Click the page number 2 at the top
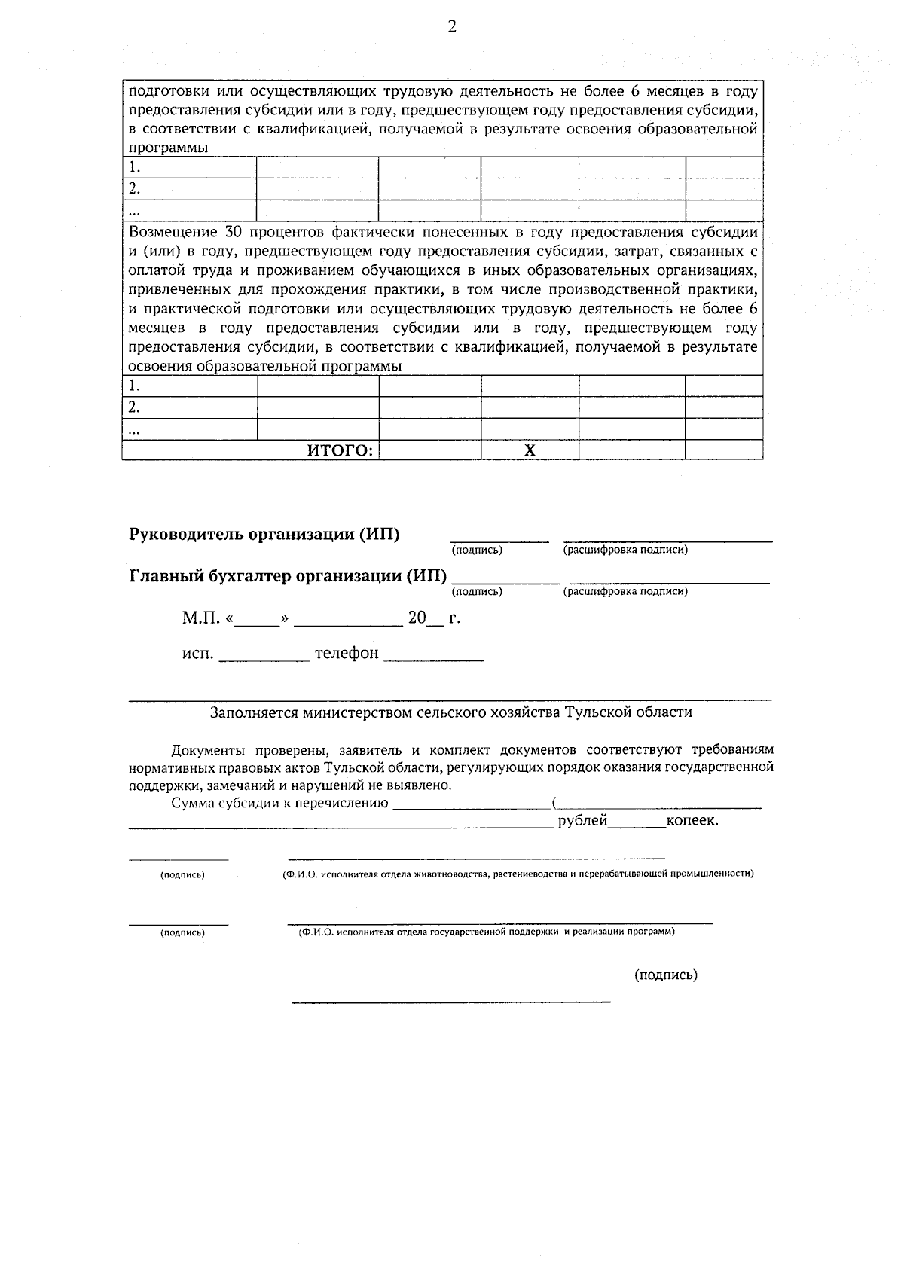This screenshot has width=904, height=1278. (x=452, y=28)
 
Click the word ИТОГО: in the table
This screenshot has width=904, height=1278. (x=341, y=450)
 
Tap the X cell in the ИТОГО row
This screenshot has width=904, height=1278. (x=530, y=450)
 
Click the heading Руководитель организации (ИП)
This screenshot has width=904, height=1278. (x=264, y=535)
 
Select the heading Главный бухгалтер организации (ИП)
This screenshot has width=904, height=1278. (x=288, y=577)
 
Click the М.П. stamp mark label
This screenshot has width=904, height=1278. (x=201, y=618)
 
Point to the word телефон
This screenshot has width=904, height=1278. (x=347, y=653)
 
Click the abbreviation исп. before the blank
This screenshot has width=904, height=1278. (x=198, y=654)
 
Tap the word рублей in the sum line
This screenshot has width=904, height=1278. (x=582, y=821)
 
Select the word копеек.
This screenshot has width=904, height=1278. (x=692, y=821)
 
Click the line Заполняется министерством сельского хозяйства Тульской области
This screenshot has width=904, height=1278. (x=450, y=712)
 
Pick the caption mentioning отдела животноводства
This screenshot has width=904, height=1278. (x=513, y=874)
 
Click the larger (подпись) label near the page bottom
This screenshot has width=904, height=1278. (x=666, y=975)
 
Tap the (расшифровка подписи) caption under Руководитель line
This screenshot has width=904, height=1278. (x=625, y=550)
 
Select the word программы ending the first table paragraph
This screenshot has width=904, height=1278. (x=168, y=148)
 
